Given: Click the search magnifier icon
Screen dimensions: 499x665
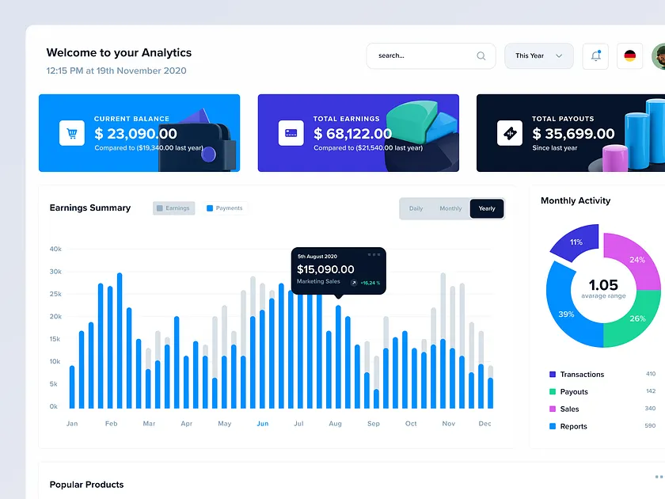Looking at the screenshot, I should [x=481, y=56].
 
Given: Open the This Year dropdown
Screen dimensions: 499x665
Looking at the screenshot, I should [x=538, y=56].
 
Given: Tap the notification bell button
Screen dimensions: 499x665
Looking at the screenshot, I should [x=596, y=56].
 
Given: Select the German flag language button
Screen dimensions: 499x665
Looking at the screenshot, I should [x=629, y=56].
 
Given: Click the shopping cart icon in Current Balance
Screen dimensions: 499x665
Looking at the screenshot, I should [x=72, y=133].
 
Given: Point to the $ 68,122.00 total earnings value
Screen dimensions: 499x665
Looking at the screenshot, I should [x=352, y=134].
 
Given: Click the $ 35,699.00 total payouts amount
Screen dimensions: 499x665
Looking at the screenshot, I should [x=573, y=134].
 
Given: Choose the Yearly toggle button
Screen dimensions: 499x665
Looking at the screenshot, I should [x=487, y=208].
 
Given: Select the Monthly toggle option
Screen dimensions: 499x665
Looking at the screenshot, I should [x=450, y=208].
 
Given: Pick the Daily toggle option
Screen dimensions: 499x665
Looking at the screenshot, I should [x=416, y=208].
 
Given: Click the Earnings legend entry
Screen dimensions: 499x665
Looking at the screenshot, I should [x=173, y=208].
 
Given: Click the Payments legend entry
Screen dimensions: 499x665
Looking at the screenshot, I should [x=225, y=208].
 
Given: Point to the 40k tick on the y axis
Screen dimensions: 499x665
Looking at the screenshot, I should [x=55, y=249].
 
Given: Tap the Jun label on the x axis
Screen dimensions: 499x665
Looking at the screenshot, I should [x=262, y=424].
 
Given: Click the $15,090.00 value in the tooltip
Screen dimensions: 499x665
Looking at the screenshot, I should [x=325, y=269].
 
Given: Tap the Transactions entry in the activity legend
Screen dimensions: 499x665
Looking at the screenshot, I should [x=581, y=375].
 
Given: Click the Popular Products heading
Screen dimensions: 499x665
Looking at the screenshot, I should [x=86, y=485].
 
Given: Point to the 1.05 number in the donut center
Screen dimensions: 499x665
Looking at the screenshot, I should [x=603, y=285].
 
